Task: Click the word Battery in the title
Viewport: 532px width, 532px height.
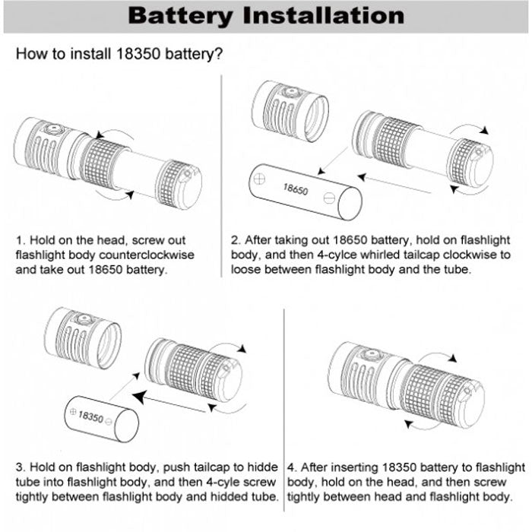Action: tap(180, 16)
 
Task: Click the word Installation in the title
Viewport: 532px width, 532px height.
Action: tap(324, 15)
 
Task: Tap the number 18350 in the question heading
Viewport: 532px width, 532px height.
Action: tap(138, 54)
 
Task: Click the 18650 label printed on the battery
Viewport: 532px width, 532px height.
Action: tap(296, 189)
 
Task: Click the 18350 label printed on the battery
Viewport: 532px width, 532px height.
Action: tap(90, 416)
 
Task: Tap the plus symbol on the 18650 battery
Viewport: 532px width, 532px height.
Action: tap(259, 179)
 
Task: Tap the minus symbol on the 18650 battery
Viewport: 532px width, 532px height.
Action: tap(329, 198)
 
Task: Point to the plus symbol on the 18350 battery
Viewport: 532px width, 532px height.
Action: tap(73, 412)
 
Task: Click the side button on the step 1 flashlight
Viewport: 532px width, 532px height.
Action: tap(53, 129)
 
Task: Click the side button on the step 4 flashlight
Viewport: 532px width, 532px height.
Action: tap(371, 354)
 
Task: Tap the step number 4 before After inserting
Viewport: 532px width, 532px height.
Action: tap(291, 467)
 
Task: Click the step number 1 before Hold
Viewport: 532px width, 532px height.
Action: tap(19, 240)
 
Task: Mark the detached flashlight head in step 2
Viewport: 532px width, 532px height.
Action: tap(290, 111)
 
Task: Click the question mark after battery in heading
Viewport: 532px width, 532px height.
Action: tap(219, 54)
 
